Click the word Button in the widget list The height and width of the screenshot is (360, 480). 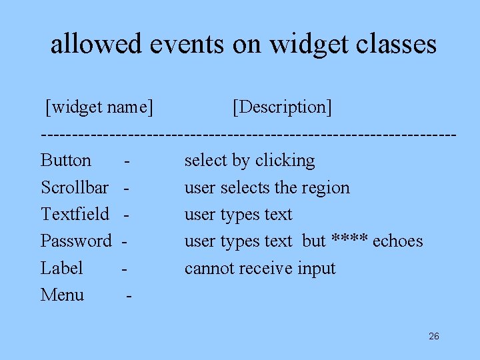66,161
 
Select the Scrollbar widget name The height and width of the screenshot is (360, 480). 75,187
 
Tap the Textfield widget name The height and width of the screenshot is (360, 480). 75,214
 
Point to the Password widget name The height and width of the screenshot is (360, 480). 76,241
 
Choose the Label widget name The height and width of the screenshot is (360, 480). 61,268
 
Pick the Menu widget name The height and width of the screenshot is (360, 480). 62,295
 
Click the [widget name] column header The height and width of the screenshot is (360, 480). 99,107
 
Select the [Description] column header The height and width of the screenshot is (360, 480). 282,107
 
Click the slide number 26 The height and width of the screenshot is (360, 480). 434,336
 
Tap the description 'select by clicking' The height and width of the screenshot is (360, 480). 249,161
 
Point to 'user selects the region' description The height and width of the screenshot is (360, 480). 267,187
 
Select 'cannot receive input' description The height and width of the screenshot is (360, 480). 260,268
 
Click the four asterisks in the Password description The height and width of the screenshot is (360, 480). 349,240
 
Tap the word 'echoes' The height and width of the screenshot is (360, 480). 397,241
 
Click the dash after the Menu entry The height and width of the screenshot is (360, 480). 129,296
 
